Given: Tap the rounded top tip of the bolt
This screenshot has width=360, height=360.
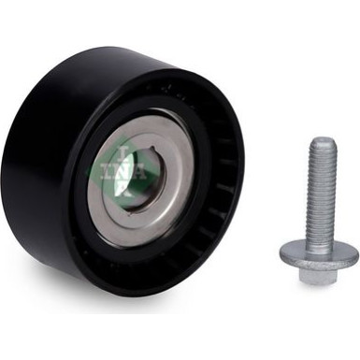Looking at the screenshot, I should click(x=323, y=143).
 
